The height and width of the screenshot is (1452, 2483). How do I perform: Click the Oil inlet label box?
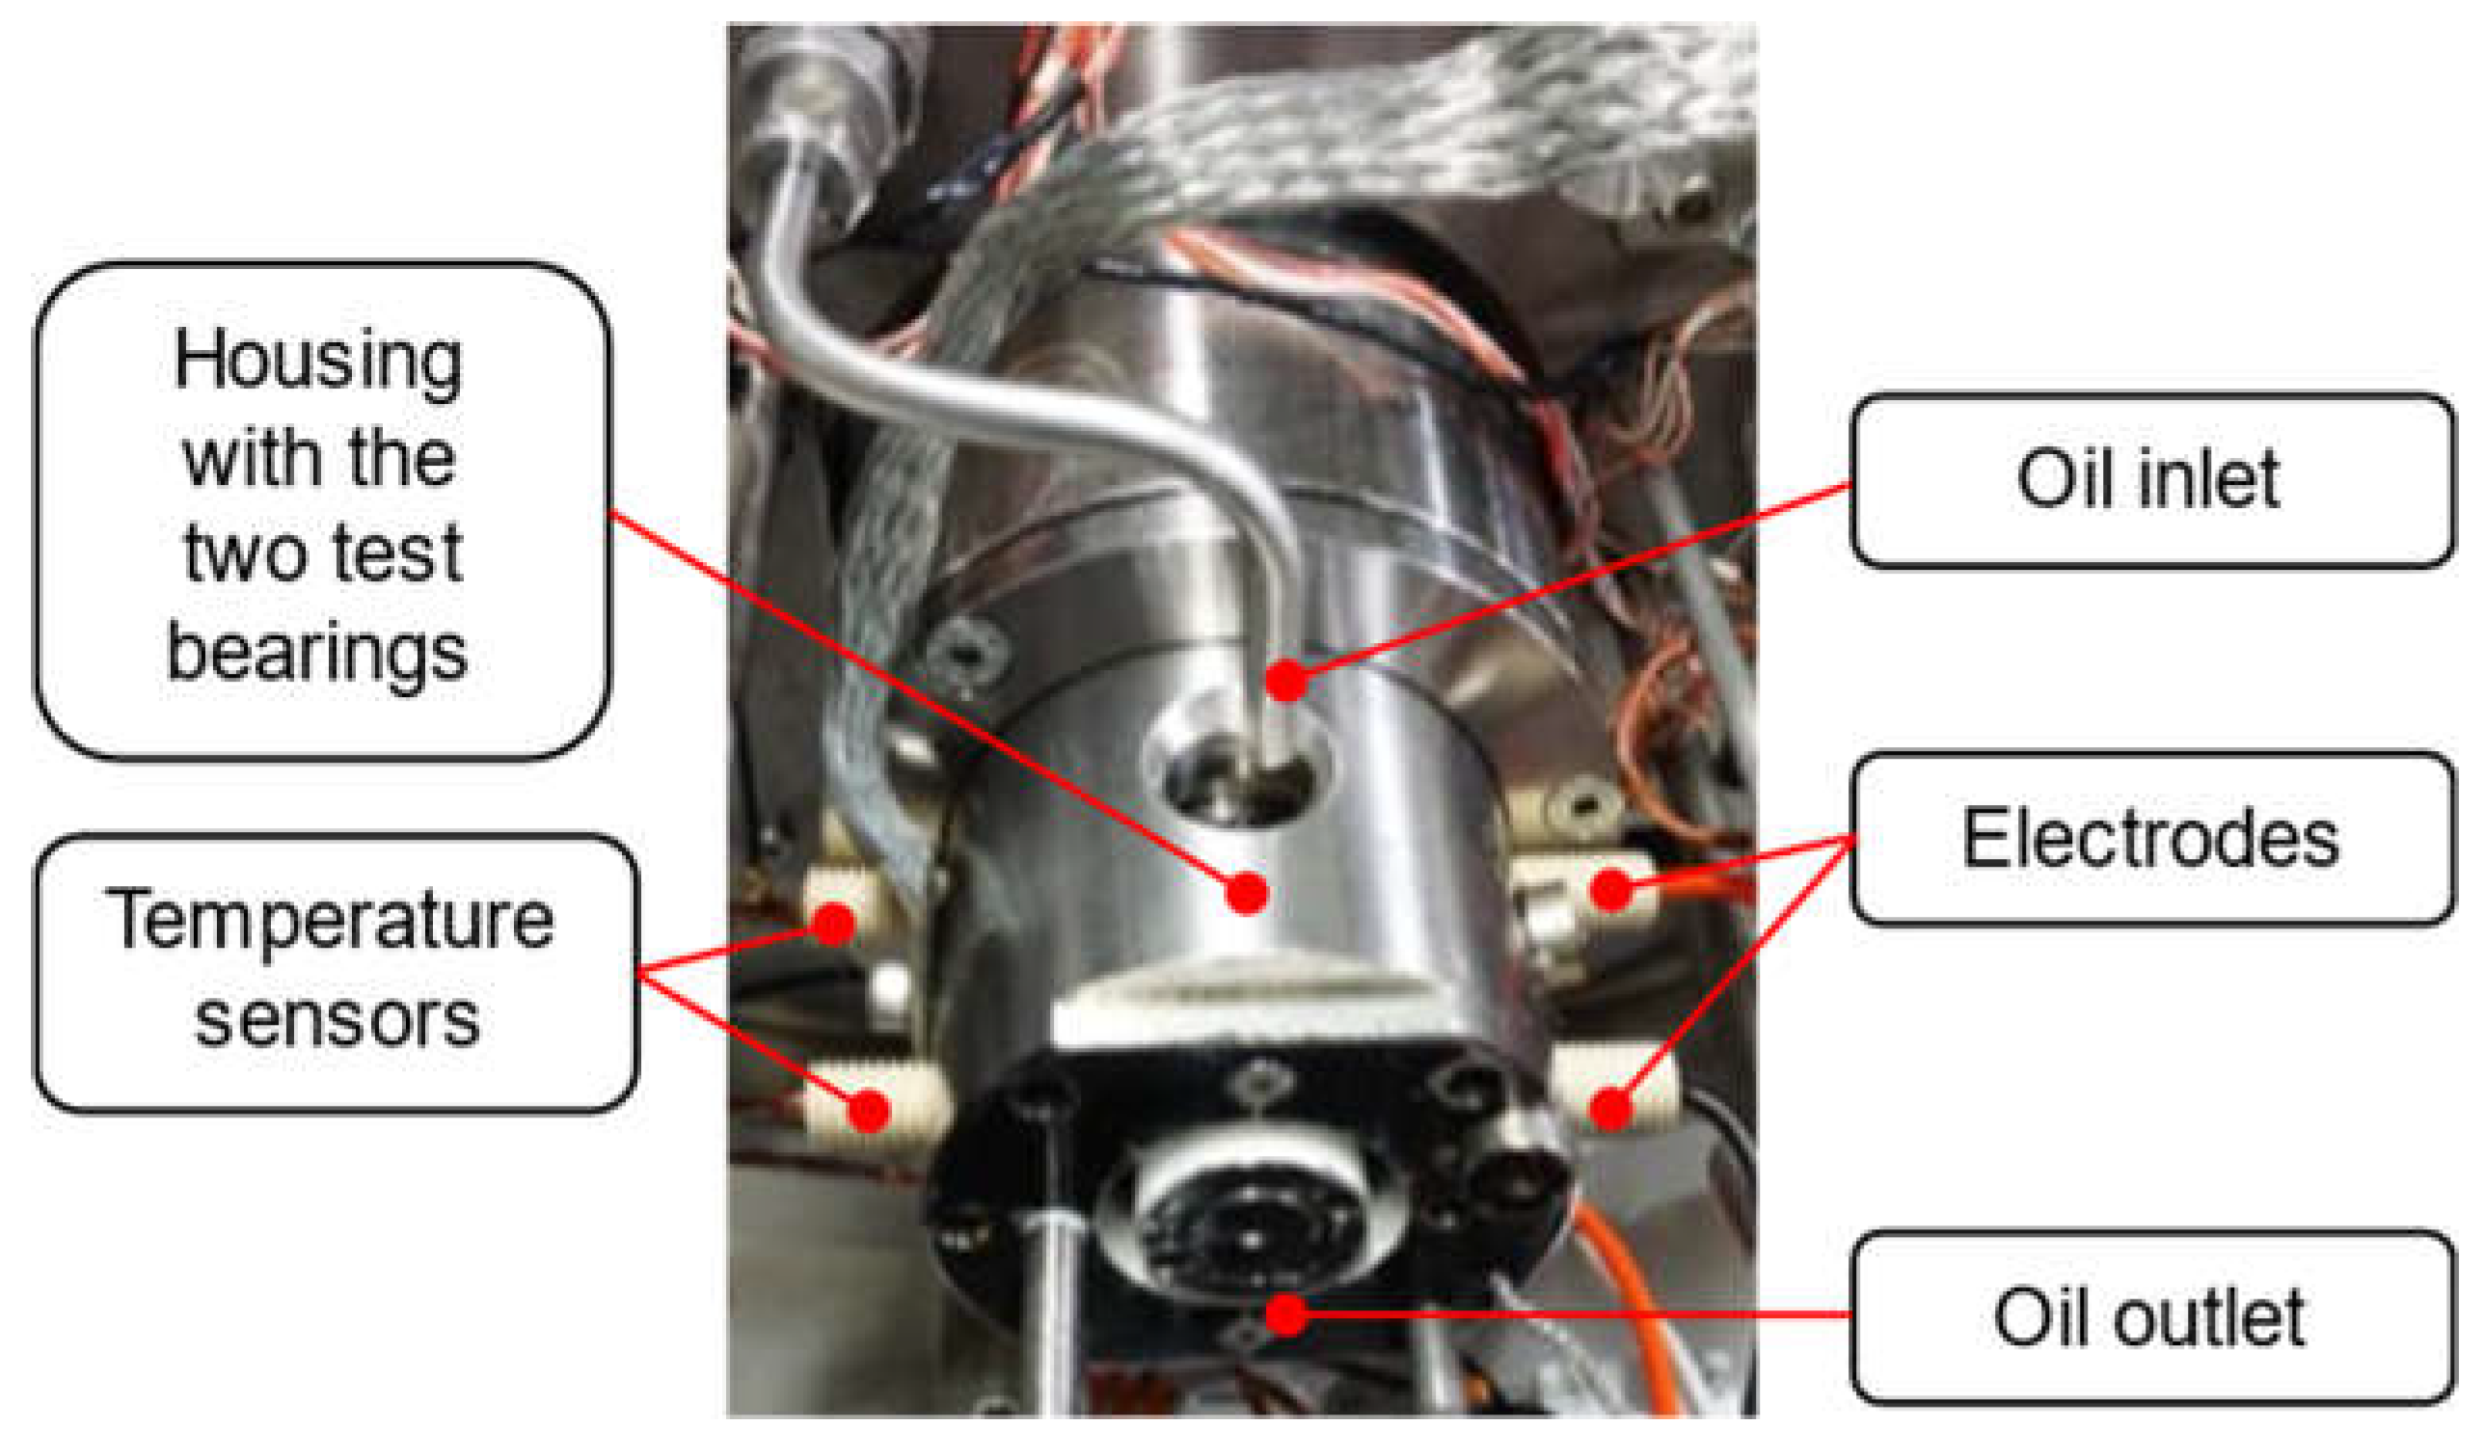[2152, 481]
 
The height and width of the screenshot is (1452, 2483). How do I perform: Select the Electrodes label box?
[2152, 838]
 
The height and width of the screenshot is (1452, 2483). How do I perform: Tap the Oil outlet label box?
[2152, 1316]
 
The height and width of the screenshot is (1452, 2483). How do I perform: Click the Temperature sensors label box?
[336, 972]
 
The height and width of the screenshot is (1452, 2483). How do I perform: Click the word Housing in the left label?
[318, 362]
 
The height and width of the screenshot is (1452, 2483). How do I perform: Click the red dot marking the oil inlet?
[1285, 680]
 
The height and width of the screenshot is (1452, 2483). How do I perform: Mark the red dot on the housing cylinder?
[1248, 893]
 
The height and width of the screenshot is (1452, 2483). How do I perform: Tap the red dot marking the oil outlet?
[1285, 1313]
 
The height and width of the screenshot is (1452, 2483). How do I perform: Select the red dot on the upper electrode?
[1612, 890]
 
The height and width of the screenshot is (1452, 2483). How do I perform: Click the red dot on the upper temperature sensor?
[834, 923]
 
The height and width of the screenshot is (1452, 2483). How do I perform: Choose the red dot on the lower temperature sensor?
[868, 1110]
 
